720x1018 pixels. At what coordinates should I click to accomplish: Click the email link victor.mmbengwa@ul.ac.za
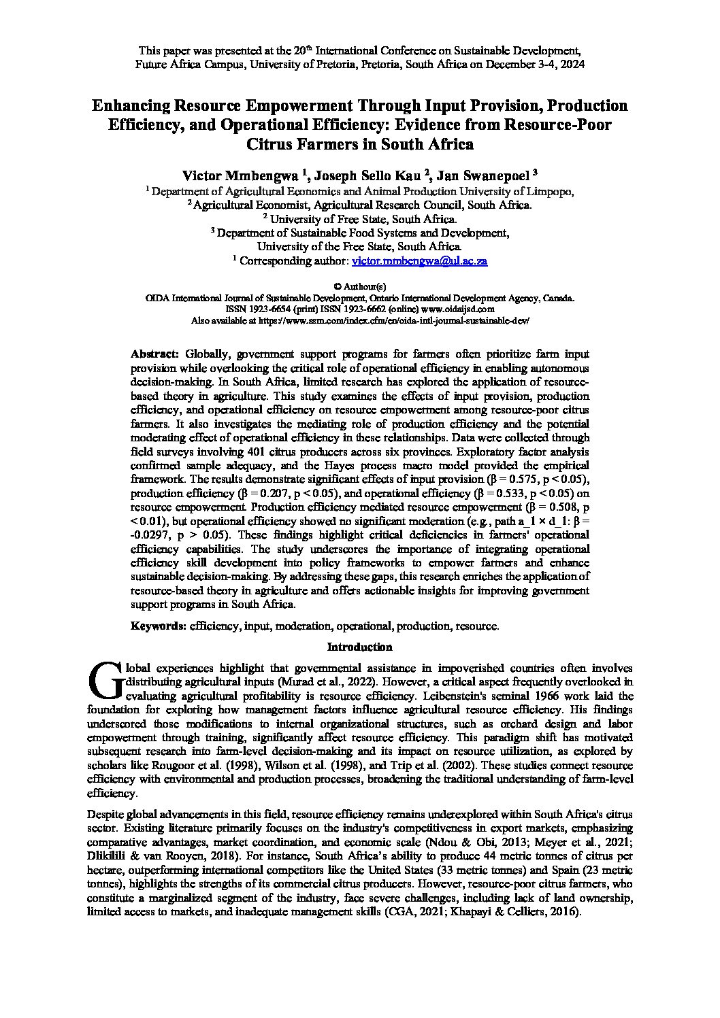click(419, 261)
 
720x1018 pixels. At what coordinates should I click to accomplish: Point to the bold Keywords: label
click(159, 626)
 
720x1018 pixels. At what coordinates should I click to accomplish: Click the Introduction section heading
click(360, 647)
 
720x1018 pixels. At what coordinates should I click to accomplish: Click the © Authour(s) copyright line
click(360, 287)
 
